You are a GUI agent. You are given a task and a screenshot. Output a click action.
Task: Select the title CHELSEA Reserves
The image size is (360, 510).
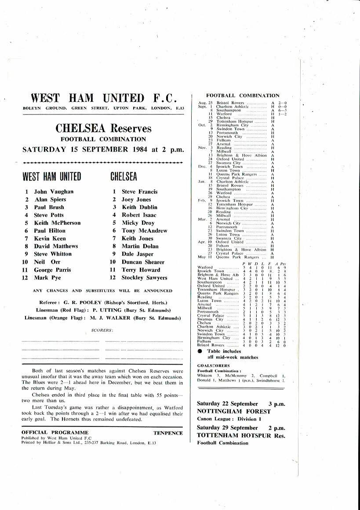coord(103,129)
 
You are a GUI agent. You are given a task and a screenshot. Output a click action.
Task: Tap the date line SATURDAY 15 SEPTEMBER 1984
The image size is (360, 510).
coord(103,149)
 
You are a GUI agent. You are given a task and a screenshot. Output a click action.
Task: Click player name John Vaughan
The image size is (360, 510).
coord(54,192)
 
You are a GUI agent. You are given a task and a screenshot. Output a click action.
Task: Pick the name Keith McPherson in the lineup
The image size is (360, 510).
coord(58,223)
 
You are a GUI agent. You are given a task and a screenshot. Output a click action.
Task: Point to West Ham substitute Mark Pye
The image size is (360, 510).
coord(47,278)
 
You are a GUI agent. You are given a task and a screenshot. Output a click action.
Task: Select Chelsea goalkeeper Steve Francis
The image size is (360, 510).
coord(139,192)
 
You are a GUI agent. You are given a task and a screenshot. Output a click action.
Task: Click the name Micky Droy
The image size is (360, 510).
coord(138,223)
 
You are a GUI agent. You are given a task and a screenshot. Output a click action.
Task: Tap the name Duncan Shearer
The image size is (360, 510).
coord(143,262)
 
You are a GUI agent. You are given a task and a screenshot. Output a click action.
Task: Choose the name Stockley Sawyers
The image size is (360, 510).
coord(144,278)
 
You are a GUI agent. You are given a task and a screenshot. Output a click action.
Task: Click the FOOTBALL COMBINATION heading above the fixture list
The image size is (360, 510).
coord(243,95)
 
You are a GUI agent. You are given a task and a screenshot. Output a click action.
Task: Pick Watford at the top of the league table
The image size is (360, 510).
coord(206,267)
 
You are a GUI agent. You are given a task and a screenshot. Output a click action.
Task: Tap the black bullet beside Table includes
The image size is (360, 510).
coord(200,351)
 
